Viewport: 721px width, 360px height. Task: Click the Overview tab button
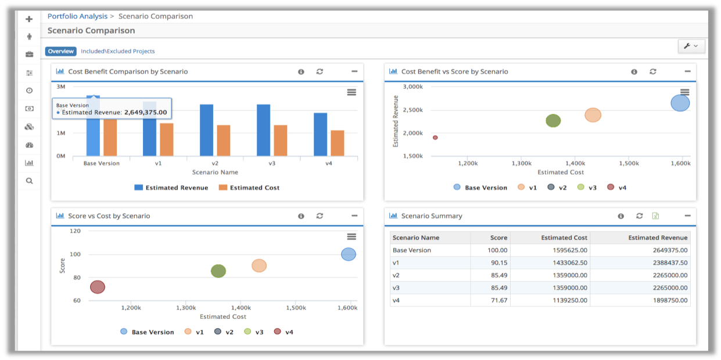point(61,51)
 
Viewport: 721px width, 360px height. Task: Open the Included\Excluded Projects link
point(118,51)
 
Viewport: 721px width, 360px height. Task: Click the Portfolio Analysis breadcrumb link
point(77,16)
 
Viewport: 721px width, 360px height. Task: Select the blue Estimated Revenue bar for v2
point(206,130)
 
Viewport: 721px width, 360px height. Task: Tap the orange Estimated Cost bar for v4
point(338,143)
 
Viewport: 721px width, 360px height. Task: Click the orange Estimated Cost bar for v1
point(167,139)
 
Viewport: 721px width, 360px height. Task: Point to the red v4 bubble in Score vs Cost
point(98,287)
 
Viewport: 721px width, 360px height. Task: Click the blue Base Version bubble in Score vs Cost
point(348,254)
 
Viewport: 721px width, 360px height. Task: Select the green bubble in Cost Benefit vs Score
point(553,121)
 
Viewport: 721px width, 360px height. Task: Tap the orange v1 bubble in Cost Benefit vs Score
point(593,115)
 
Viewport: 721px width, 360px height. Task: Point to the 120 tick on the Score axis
point(76,231)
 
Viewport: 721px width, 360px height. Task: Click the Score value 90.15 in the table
point(498,262)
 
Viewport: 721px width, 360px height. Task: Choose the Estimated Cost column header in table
point(564,237)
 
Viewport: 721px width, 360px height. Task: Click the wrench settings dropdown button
point(691,46)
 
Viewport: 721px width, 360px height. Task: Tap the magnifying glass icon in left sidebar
point(30,181)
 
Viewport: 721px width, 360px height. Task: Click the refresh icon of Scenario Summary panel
point(639,216)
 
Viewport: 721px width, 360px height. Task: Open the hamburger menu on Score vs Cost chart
point(351,236)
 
